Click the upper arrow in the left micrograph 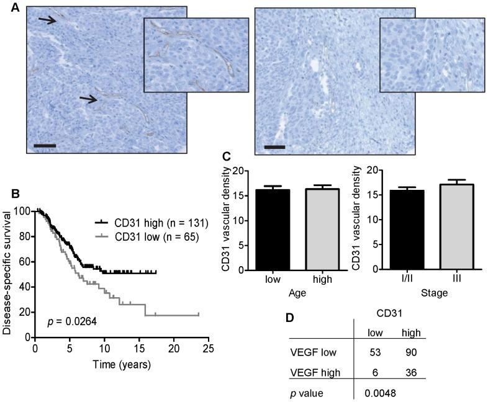[x=51, y=22]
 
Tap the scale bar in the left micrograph [x=44, y=146]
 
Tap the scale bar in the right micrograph [x=274, y=147]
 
